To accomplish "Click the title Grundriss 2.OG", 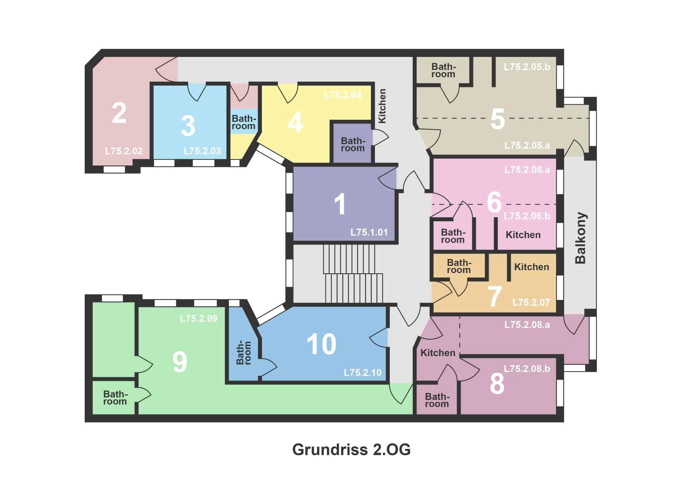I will (x=351, y=450).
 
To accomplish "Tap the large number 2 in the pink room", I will (x=119, y=113).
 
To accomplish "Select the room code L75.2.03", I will (x=202, y=151).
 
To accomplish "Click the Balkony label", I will (x=581, y=238).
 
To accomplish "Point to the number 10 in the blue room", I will (x=321, y=344).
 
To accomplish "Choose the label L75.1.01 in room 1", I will (x=369, y=232).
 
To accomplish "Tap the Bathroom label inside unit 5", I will (x=443, y=70).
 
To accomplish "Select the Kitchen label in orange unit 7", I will (x=531, y=267).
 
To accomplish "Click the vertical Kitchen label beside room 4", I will (x=382, y=106).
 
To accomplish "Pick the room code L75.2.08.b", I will (x=527, y=369).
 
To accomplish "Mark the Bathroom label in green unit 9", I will (x=115, y=398).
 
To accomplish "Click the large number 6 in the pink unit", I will (x=494, y=203).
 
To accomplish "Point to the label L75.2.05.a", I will (x=527, y=145).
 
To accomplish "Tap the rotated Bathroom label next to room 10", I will (x=243, y=352).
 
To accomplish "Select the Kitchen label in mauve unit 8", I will (x=438, y=353).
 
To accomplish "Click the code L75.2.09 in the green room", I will (x=199, y=319).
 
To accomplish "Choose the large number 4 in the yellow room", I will (x=295, y=123).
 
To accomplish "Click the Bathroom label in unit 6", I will (x=452, y=236).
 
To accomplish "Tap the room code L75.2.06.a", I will (x=527, y=170).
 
